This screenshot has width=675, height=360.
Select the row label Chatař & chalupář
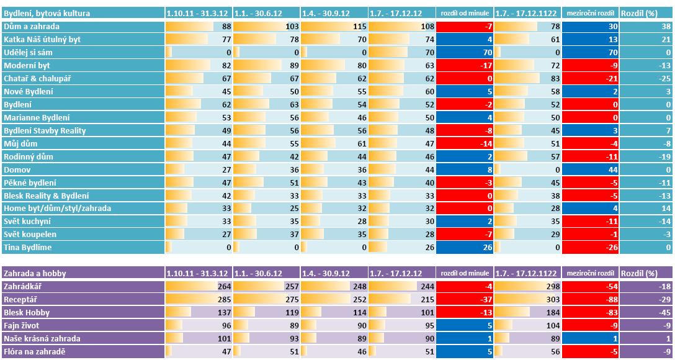tap(37, 78)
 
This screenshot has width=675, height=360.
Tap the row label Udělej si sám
tap(29, 52)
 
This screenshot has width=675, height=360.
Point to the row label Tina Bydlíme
tap(27, 248)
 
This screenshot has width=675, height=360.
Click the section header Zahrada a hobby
tap(35, 273)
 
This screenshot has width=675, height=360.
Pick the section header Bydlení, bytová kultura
tap(47, 13)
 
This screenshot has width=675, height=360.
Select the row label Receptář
tap(21, 299)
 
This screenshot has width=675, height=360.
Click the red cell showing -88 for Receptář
tap(590, 299)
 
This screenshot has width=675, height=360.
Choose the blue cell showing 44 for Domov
tap(590, 169)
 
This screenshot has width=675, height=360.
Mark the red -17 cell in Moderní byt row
tap(465, 65)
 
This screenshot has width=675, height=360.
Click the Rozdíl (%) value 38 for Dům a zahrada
tap(646, 26)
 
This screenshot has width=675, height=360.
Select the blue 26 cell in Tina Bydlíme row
tap(465, 248)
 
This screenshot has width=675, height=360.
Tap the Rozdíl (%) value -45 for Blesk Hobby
tap(646, 312)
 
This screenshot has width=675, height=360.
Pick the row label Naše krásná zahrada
tap(42, 338)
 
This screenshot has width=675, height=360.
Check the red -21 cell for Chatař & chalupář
tap(590, 78)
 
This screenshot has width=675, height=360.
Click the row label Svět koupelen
tap(30, 235)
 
